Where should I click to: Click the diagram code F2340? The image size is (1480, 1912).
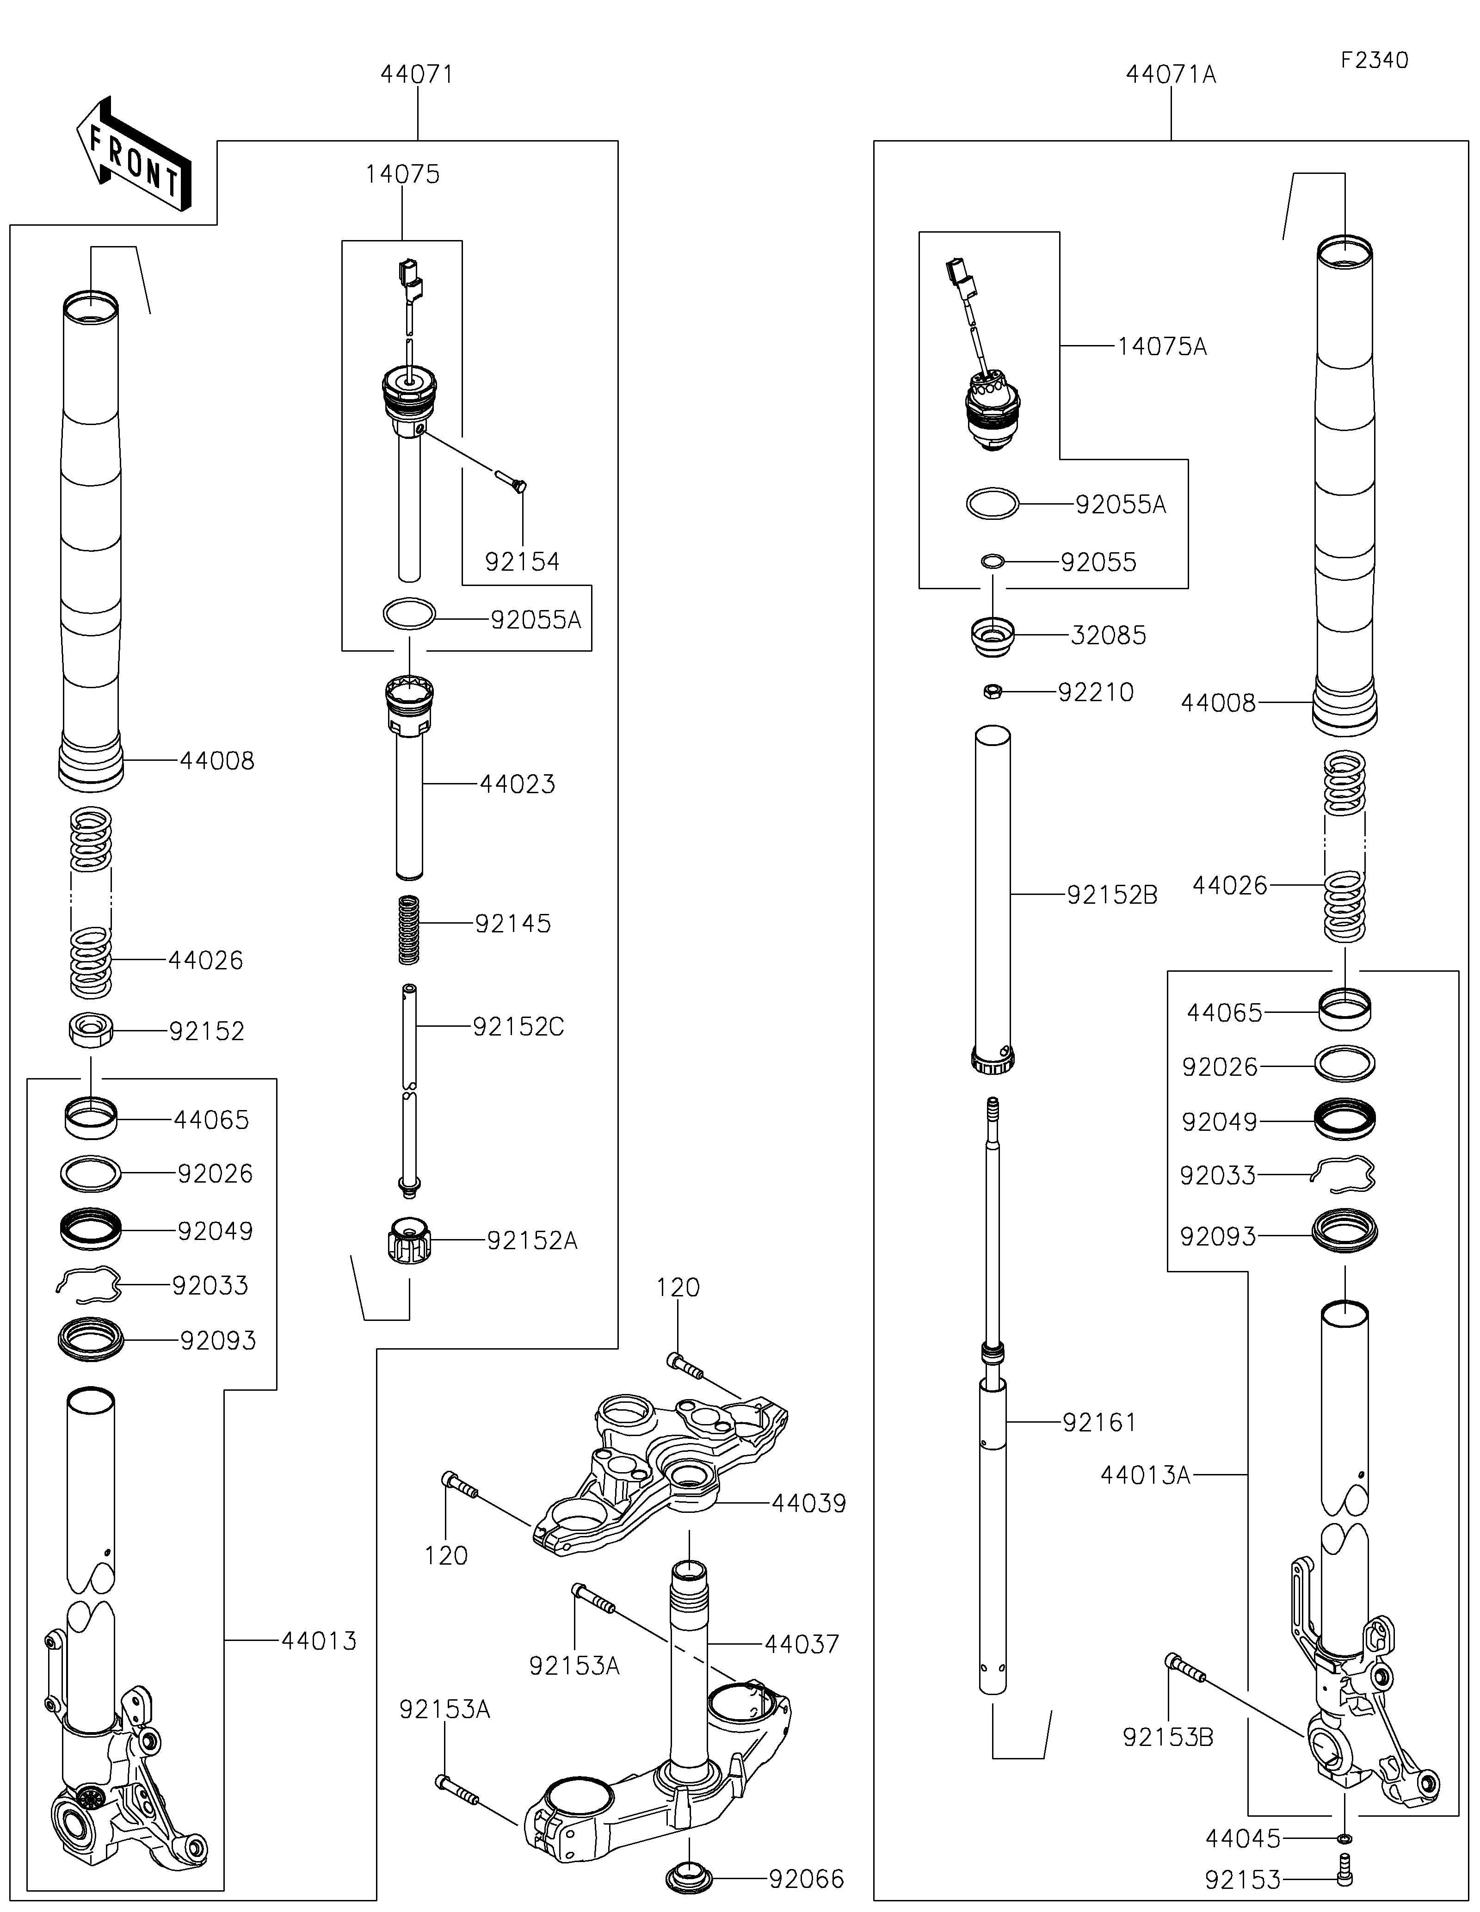point(1374,61)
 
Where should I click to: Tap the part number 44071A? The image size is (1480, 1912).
point(1171,75)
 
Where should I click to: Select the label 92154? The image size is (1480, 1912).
point(523,561)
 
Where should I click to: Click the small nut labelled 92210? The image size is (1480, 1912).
point(992,691)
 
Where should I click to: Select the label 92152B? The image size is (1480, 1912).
point(1111,894)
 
